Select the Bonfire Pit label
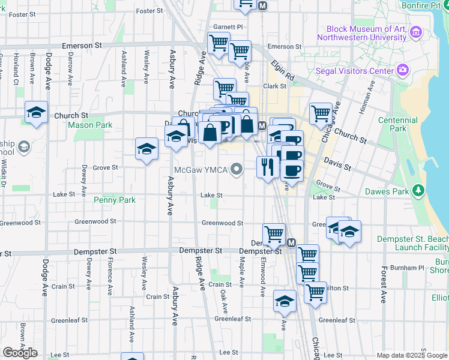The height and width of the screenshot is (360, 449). pos(428,5)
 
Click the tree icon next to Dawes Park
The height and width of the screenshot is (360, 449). pos(419,192)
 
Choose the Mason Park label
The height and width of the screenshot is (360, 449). pos(90,125)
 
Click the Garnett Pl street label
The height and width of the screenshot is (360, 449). pos(228,27)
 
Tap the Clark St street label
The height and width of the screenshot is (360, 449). pos(274,86)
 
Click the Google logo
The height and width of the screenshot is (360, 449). pos(20,352)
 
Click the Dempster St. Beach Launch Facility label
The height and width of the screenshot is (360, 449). pos(412,243)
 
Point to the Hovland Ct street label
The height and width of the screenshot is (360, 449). pos(15,69)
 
